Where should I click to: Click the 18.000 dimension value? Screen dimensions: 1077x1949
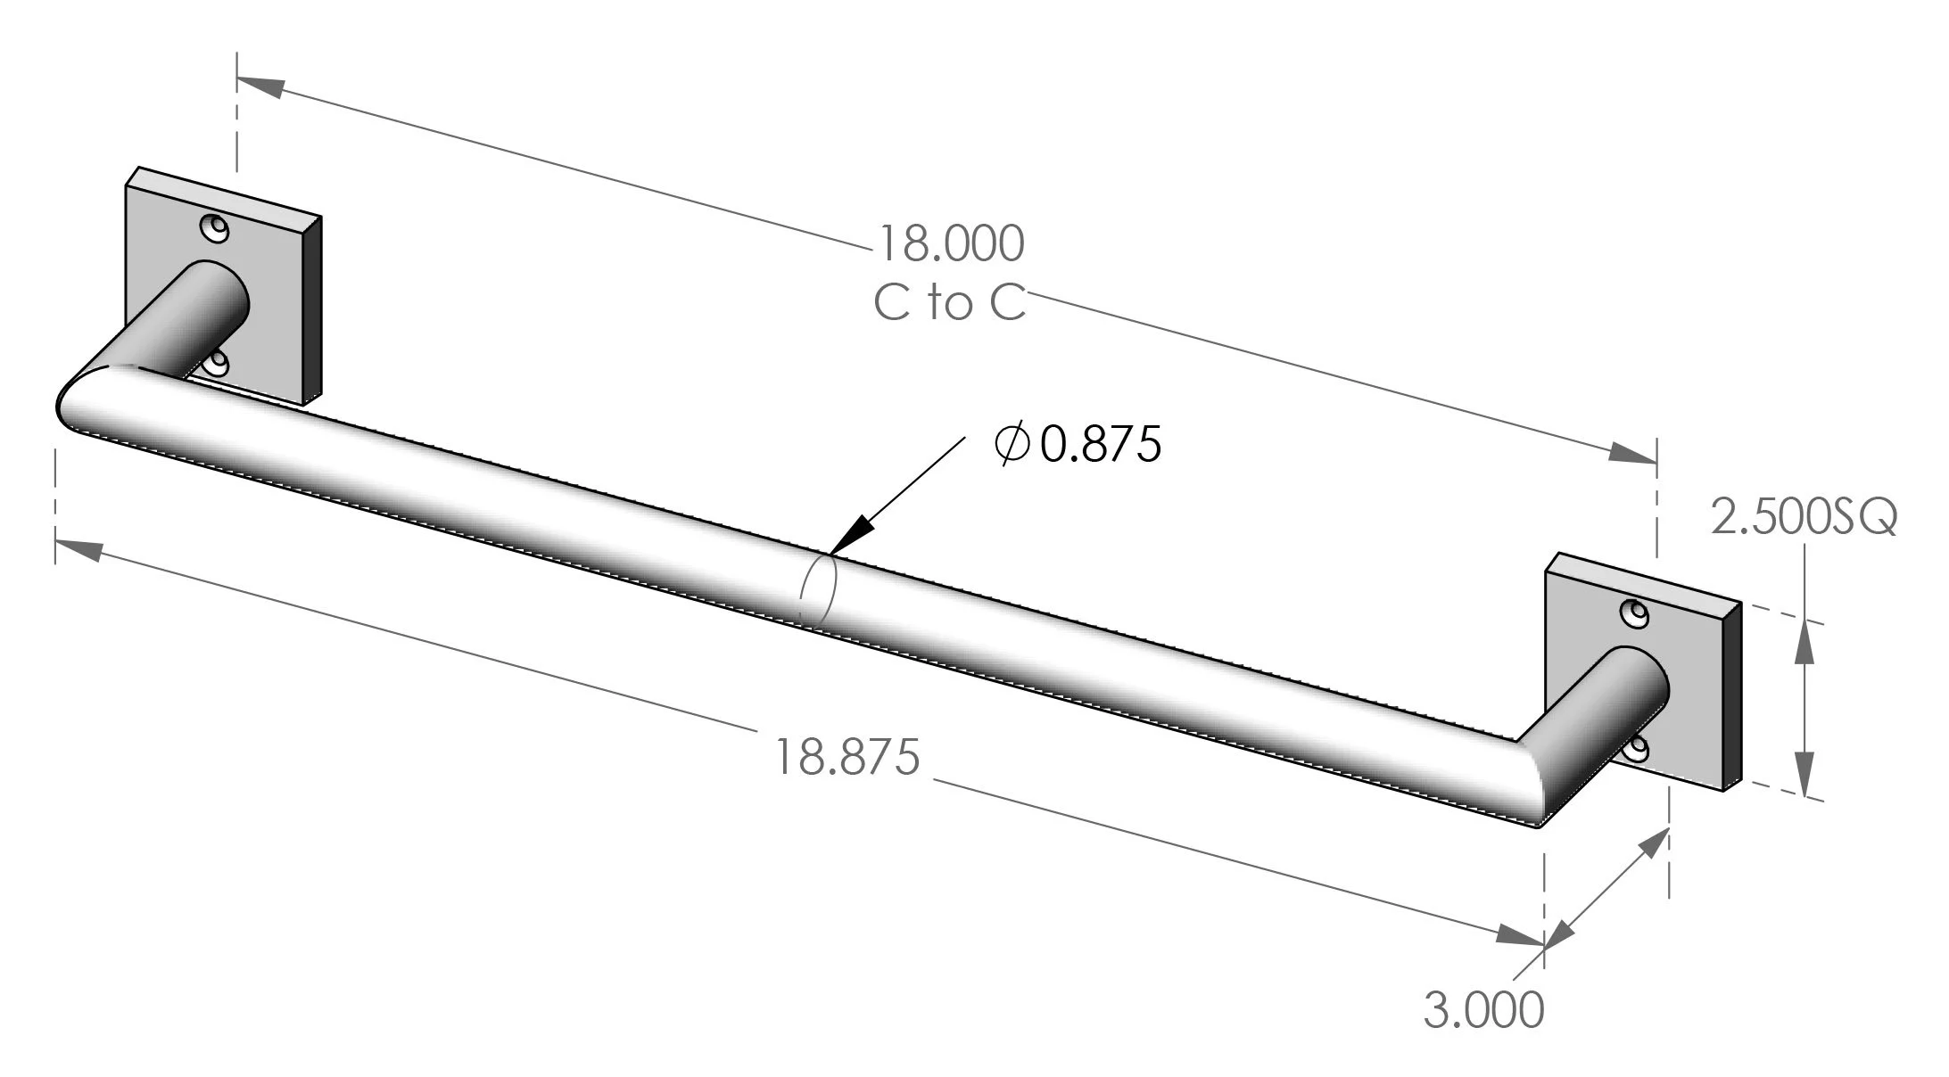952,243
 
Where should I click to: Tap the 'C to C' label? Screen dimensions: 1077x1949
950,303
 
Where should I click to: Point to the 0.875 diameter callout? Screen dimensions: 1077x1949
1101,444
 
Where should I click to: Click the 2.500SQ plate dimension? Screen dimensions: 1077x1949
1803,518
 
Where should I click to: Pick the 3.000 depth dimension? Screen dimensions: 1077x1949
1483,1011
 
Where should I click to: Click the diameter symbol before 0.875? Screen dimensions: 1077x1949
1012,444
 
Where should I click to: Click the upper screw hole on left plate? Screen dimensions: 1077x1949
215,229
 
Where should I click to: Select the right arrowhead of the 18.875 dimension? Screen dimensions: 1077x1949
1520,936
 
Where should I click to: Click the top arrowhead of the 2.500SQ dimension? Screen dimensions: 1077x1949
1803,642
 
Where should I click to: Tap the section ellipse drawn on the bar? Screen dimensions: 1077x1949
818,590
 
